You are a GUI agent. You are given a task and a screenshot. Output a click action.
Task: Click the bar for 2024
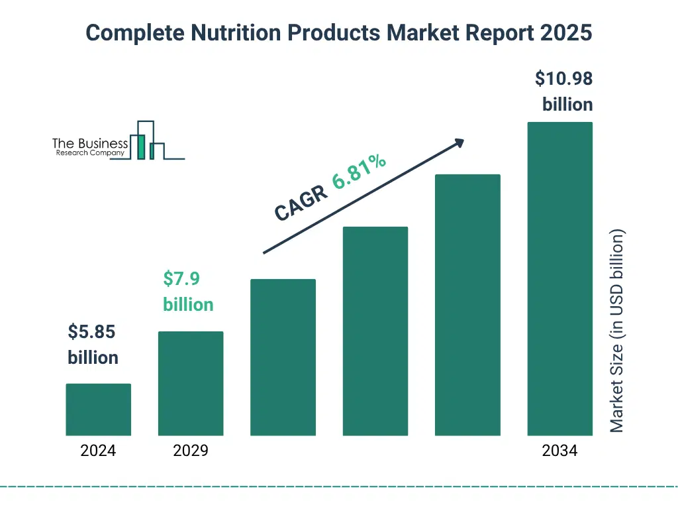tap(98, 410)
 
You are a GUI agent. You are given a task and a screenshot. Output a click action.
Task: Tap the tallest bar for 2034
tap(559, 278)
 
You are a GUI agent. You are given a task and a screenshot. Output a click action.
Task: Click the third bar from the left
tap(283, 357)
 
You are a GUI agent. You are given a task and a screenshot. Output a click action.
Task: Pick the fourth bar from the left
tap(375, 331)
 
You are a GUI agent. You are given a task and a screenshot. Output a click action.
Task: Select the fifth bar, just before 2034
tap(467, 305)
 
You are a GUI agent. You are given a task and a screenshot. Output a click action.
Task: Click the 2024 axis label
tap(98, 451)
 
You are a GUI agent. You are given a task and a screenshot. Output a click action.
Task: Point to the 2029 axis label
tap(191, 451)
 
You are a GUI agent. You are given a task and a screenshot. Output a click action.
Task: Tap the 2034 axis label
tap(559, 451)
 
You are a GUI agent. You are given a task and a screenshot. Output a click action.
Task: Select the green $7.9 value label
tap(182, 279)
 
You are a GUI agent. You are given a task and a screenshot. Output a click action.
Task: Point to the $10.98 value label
tap(563, 79)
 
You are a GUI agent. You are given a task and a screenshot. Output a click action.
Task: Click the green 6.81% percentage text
tap(359, 172)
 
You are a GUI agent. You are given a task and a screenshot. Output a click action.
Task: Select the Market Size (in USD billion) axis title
tap(616, 331)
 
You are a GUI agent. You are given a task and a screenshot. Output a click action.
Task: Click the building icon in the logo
tap(147, 141)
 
